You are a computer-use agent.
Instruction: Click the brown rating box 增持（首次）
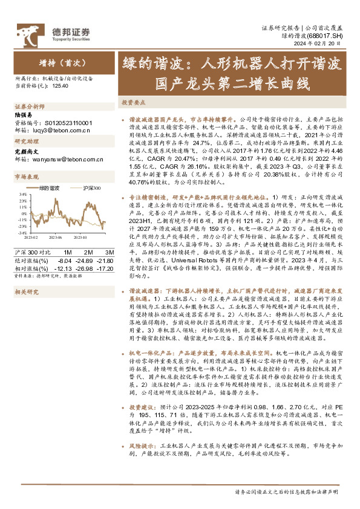54,63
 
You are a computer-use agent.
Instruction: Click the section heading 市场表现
26,177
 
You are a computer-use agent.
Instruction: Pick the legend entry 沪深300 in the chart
91,189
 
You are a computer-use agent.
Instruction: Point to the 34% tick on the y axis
22,195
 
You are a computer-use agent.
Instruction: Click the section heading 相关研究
26,292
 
